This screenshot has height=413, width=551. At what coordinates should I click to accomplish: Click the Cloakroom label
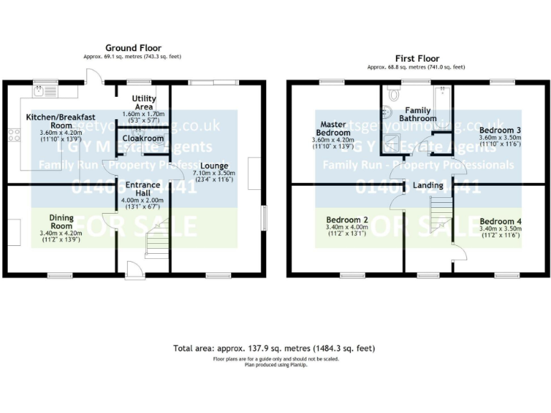point(143,138)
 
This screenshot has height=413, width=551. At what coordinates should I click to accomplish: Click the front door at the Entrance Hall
point(133,269)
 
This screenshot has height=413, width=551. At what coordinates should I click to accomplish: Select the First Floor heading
point(417,58)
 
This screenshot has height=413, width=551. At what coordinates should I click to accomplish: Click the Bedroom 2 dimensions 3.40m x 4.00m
point(347,227)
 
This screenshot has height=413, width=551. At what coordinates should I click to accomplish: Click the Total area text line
point(274,348)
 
